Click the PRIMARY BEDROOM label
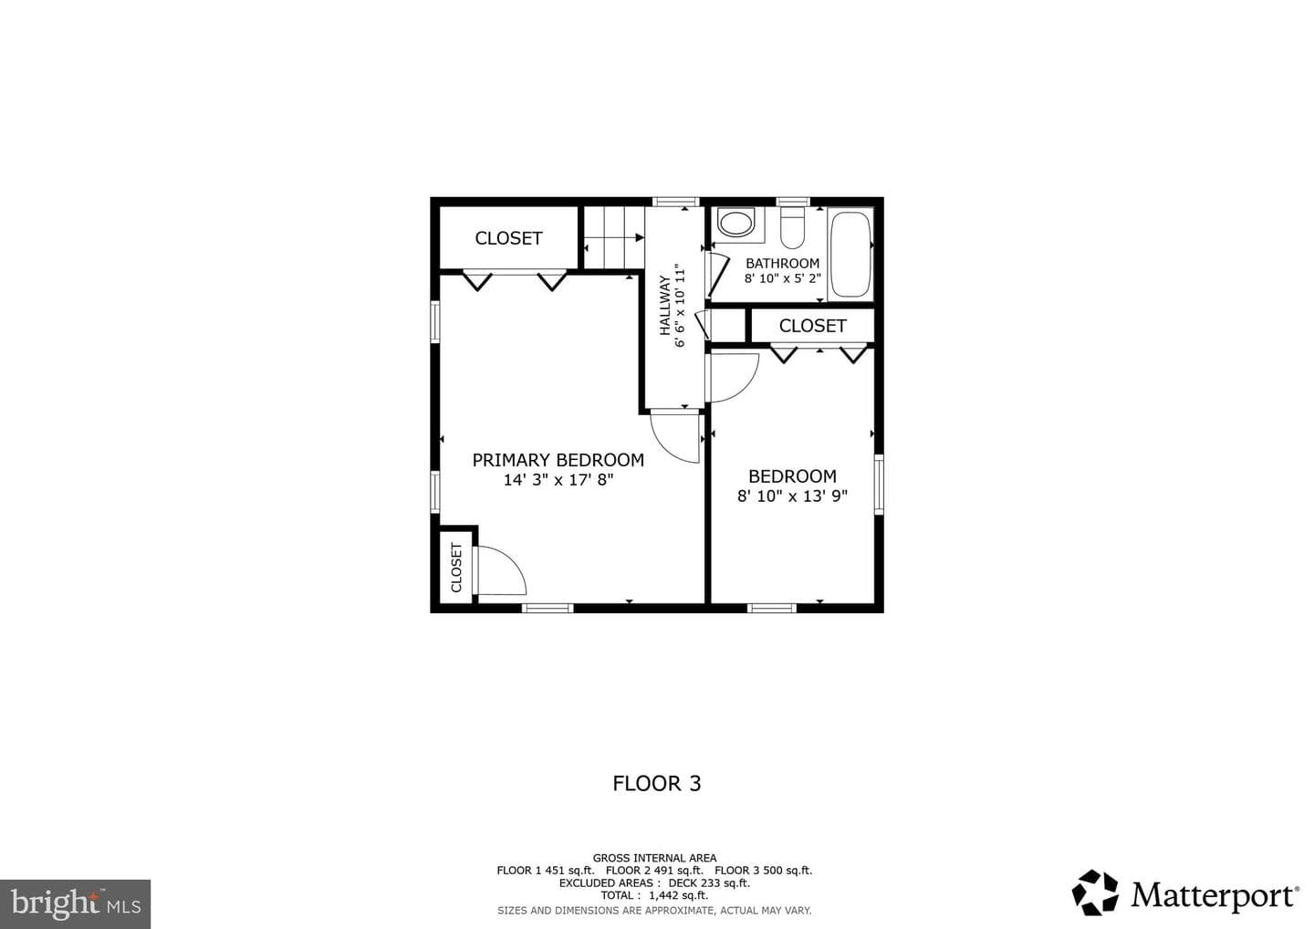tap(558, 461)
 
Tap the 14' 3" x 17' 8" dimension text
tap(558, 480)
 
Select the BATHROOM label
tap(783, 264)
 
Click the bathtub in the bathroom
tap(850, 254)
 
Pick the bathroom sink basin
tap(735, 224)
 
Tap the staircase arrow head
tap(640, 237)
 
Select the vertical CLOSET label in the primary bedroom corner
tap(456, 568)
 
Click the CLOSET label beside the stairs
tap(508, 238)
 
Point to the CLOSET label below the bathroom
tap(812, 326)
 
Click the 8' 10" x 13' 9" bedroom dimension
tap(792, 496)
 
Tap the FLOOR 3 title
tap(657, 784)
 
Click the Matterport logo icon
tap(1095, 892)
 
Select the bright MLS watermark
tap(75, 903)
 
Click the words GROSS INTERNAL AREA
tap(654, 858)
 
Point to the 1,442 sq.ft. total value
tap(678, 895)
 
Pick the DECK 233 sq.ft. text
tap(709, 882)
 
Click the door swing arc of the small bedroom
tap(749, 387)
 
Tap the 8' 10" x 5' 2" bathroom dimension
tap(783, 278)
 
